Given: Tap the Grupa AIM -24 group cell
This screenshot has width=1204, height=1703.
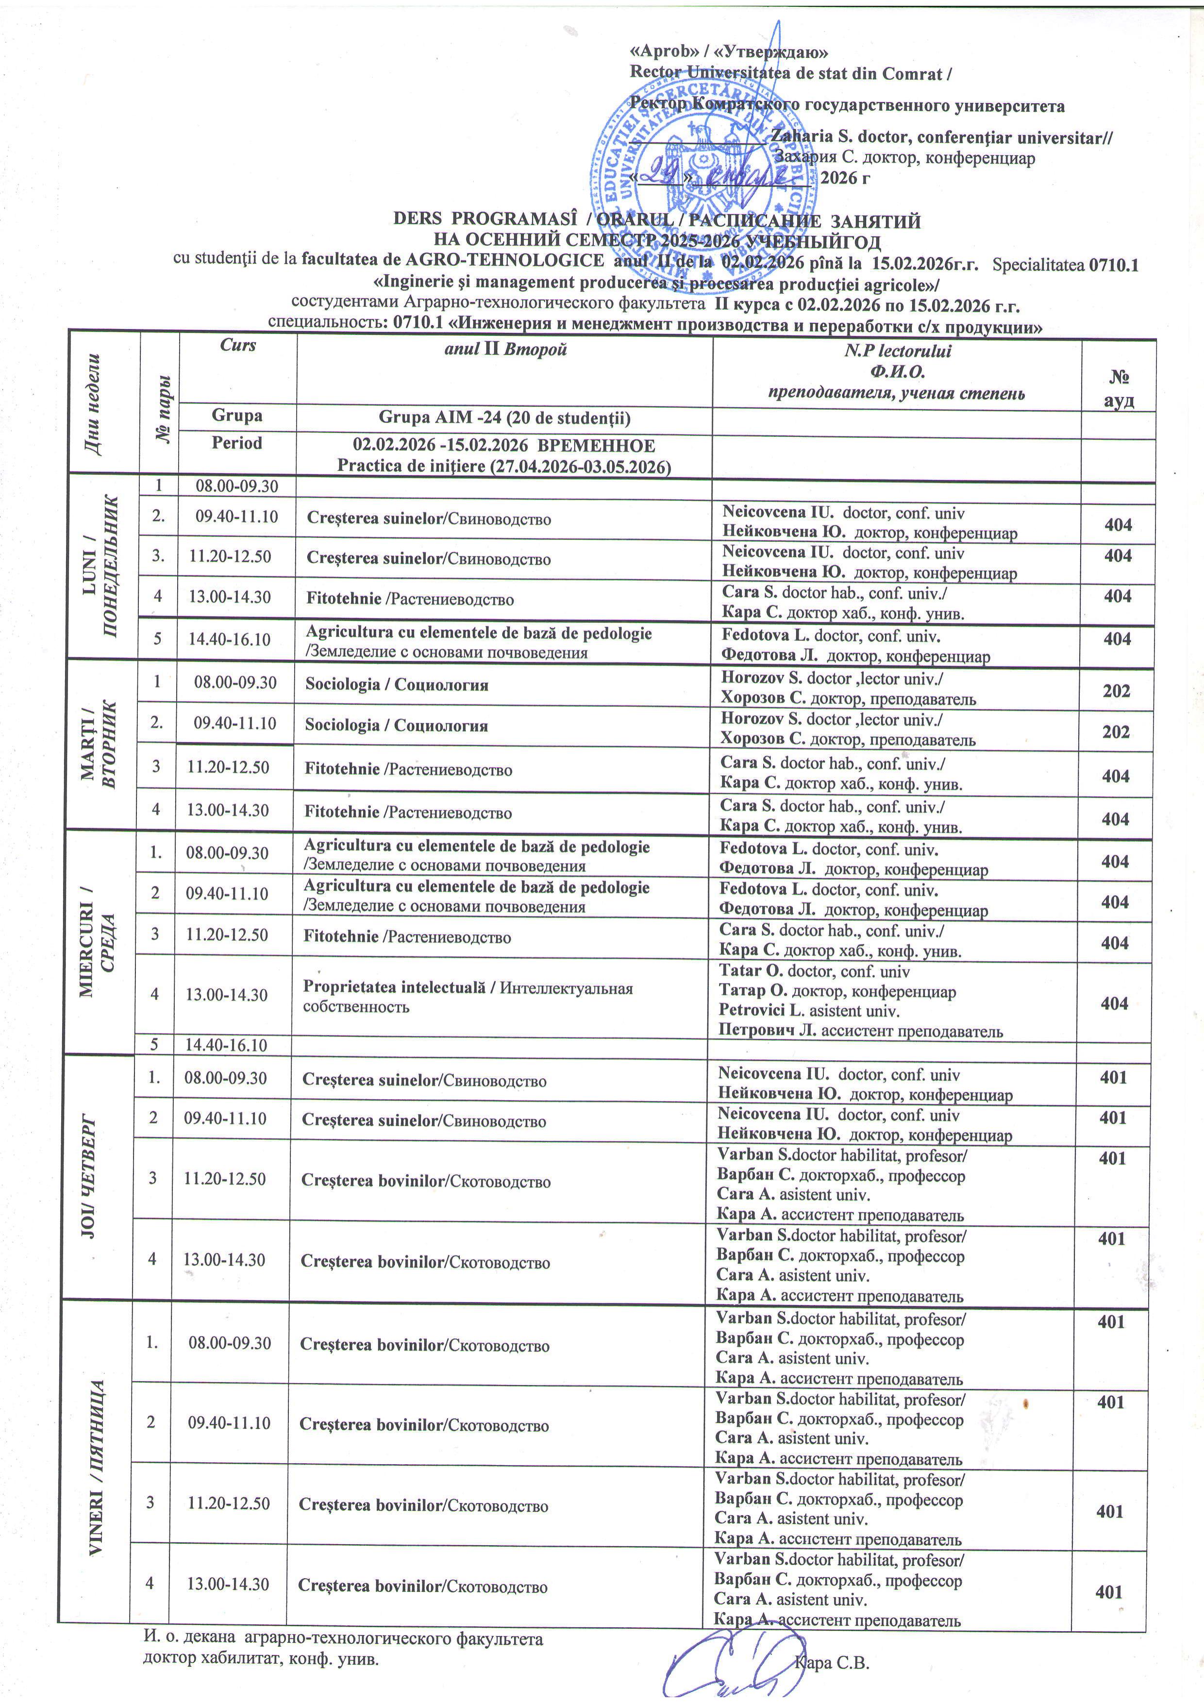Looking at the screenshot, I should point(504,417).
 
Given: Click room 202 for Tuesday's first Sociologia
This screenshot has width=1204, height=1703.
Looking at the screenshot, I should point(1116,690).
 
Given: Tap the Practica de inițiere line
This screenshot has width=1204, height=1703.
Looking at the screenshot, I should point(504,467).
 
